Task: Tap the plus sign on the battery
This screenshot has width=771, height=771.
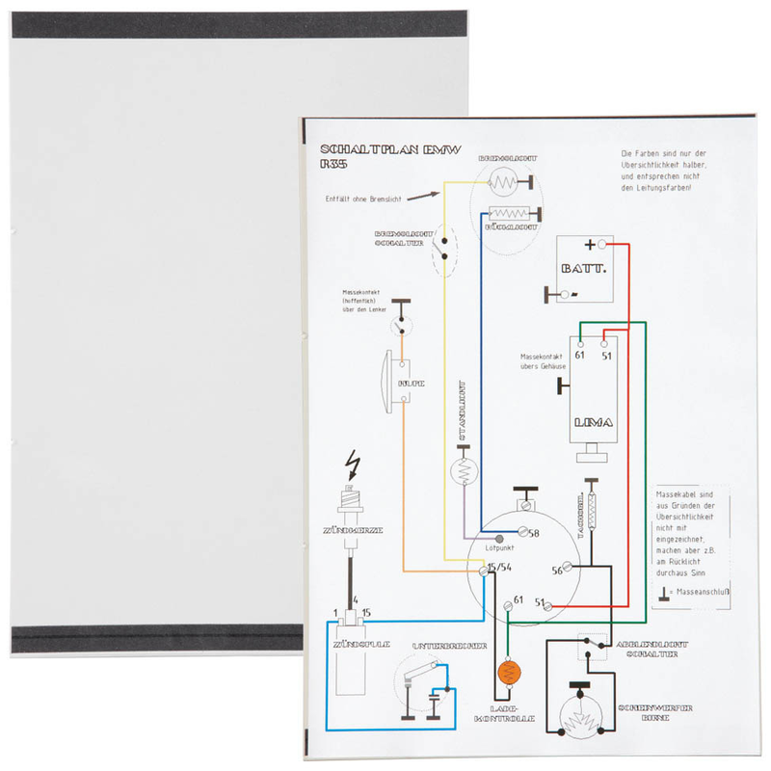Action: [x=589, y=246]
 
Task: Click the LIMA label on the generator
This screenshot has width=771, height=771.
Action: [x=593, y=423]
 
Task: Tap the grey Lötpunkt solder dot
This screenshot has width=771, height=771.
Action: [x=499, y=538]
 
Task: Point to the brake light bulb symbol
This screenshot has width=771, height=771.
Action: [x=504, y=181]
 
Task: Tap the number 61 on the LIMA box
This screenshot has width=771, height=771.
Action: [x=579, y=356]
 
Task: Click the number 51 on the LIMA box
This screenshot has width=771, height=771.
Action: [x=606, y=356]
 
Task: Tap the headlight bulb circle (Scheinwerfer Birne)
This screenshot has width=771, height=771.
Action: [x=579, y=720]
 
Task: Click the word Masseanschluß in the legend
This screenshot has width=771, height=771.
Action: [x=705, y=591]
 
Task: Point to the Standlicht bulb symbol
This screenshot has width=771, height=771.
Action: [x=465, y=471]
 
